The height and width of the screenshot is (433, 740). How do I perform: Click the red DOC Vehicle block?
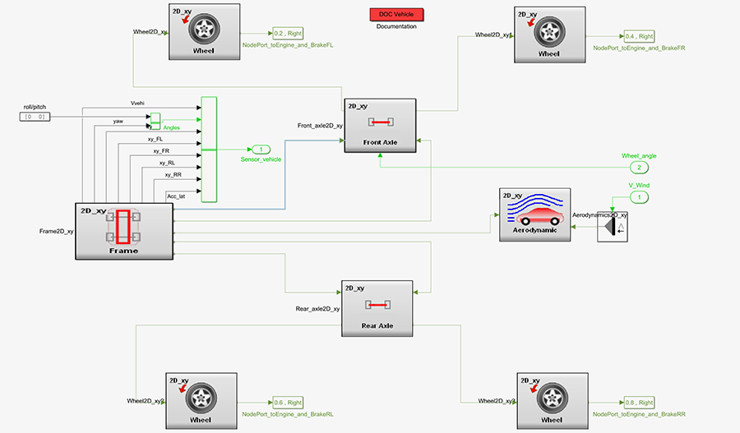pos(396,14)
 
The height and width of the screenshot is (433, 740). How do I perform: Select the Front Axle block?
pos(379,122)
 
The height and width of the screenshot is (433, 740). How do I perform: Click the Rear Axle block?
pos(377,307)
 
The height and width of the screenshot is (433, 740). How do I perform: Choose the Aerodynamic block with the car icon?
pos(534,214)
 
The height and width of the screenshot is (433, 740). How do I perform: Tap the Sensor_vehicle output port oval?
pos(261,150)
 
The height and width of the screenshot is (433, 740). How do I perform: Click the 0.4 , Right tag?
pos(638,36)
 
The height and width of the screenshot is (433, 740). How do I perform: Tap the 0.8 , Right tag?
pos(638,403)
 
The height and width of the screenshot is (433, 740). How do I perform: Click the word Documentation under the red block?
pos(396,27)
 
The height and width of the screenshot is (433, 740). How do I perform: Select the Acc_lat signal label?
pos(177,196)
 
